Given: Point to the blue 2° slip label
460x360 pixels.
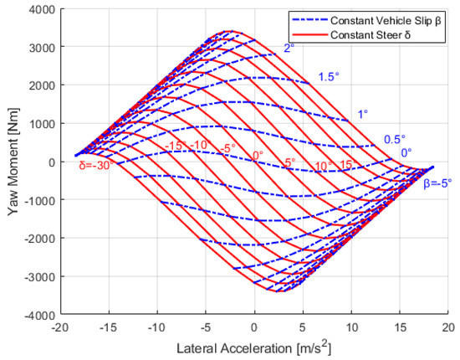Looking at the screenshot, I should [x=289, y=49].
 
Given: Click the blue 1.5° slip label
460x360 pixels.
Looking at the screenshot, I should [x=329, y=77].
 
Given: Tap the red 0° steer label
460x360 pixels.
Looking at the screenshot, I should [x=257, y=156].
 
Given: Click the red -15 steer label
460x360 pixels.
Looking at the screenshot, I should [x=174, y=147].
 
